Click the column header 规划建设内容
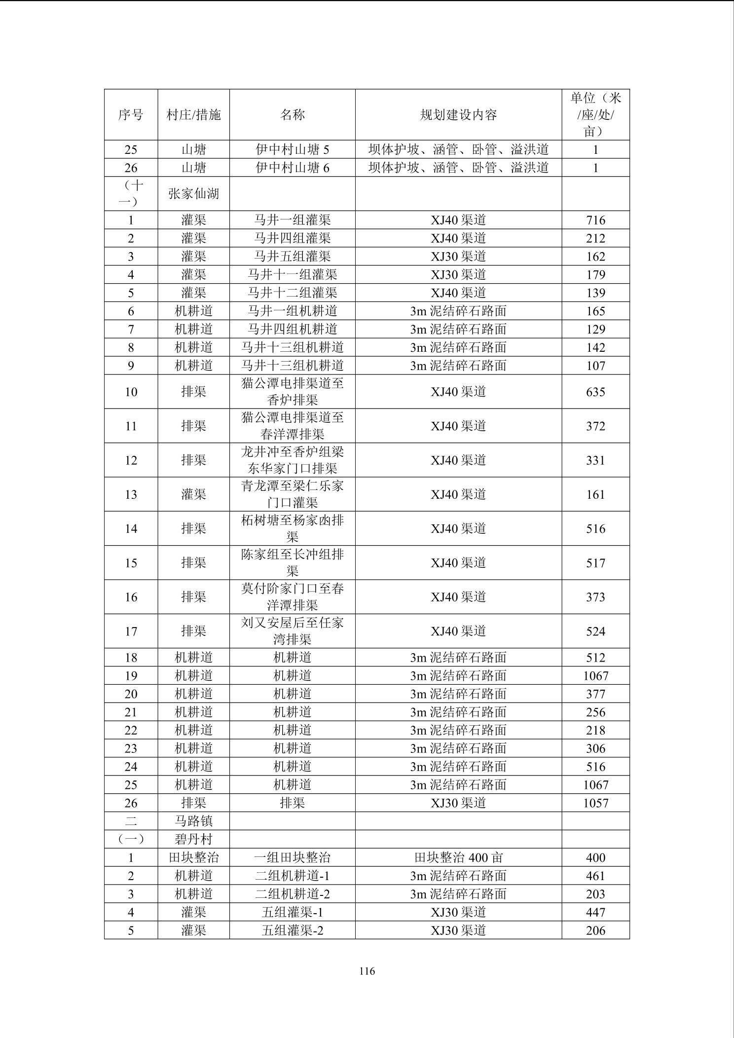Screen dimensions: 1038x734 (458, 115)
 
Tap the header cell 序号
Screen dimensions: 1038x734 (131, 115)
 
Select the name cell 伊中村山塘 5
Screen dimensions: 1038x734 (292, 149)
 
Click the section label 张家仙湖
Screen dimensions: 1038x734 (193, 194)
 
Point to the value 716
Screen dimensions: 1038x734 (595, 220)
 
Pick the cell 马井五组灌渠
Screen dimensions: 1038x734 (292, 257)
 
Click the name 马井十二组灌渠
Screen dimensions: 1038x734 (292, 293)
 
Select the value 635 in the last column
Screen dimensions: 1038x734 (595, 392)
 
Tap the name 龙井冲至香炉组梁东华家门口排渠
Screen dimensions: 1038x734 (292, 460)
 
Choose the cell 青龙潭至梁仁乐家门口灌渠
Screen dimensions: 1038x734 (292, 494)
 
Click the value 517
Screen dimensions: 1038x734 (595, 563)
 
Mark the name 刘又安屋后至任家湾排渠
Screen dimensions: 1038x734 (292, 631)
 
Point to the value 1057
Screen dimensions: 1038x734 (595, 803)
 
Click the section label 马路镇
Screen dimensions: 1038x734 (193, 821)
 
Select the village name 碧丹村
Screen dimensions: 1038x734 (193, 839)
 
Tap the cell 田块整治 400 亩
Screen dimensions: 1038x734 (458, 858)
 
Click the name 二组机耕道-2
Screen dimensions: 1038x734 (292, 894)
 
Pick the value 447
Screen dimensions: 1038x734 (595, 912)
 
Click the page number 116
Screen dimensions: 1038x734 (367, 971)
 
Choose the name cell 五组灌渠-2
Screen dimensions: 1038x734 (292, 930)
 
